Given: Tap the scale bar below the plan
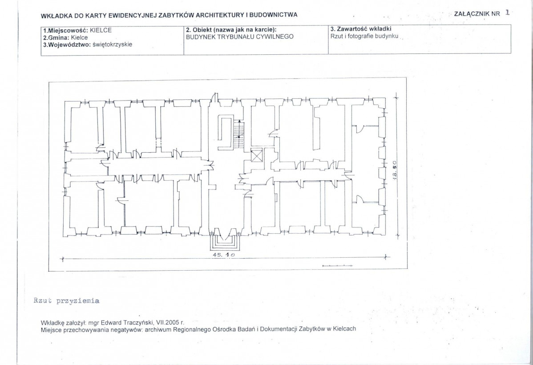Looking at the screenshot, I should [334, 266].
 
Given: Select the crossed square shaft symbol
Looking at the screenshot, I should [257, 156].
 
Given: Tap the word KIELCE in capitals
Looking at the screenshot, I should [101, 30].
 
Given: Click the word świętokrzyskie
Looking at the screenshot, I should [112, 45].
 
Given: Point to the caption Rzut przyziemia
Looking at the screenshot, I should [66, 300].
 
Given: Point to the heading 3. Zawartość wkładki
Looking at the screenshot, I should [361, 29].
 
